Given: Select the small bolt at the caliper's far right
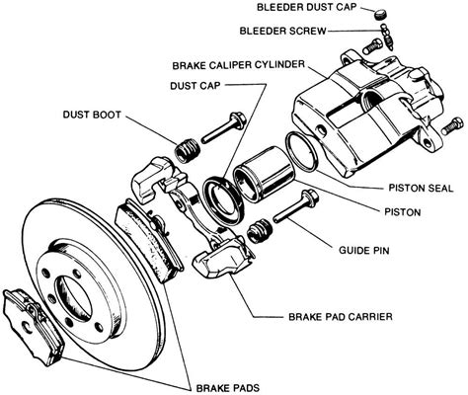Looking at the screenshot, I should click(x=452, y=125).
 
